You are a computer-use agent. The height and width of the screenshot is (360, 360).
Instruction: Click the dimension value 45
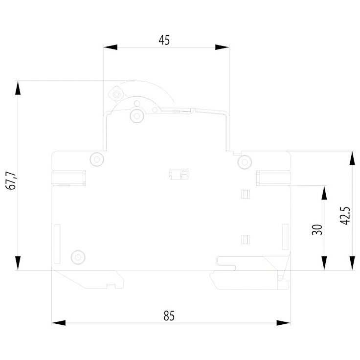tap(164, 40)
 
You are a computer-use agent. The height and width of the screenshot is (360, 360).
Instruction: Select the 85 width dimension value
tap(169, 315)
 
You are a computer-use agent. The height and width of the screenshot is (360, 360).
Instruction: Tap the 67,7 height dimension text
tap(11, 180)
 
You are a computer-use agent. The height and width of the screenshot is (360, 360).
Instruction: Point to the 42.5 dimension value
tap(345, 216)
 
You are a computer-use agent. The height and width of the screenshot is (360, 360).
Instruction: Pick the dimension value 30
tap(317, 229)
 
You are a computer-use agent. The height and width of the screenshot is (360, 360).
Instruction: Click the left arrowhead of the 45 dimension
tap(110, 47)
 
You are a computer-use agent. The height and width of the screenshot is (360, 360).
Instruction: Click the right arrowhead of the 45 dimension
tap(222, 47)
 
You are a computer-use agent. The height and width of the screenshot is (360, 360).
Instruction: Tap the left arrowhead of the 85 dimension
tap(59, 323)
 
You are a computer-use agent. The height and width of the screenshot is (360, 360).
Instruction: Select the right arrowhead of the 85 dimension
tap(284, 323)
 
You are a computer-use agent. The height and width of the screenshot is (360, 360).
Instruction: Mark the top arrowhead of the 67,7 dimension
tap(18, 88)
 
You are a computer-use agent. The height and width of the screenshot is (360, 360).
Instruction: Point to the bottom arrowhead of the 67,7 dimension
tap(18, 263)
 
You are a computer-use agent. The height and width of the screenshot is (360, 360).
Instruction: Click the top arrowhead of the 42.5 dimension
tap(352, 158)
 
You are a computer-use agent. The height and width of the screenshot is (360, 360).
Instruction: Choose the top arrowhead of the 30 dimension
tap(324, 193)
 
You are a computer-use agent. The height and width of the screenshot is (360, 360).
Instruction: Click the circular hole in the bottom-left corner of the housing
tap(78, 257)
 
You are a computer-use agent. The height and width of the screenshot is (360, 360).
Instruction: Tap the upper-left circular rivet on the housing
tap(97, 159)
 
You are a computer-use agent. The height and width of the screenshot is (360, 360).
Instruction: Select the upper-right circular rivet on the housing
tap(245, 162)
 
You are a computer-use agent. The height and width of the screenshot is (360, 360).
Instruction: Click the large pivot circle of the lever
tap(137, 115)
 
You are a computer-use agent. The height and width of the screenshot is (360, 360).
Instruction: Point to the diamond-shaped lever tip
tap(116, 94)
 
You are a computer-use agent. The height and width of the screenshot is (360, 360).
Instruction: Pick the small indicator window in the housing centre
tap(179, 175)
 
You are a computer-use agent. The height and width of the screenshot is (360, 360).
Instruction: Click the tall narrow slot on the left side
tap(57, 244)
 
